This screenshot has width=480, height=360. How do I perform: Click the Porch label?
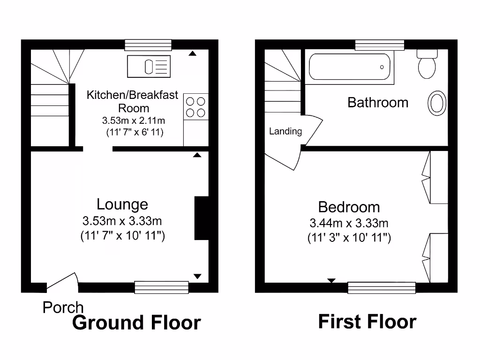63,307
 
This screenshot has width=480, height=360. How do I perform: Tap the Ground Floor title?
137,323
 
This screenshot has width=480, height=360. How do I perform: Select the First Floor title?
367,322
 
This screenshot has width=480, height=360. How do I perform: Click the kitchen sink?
149,66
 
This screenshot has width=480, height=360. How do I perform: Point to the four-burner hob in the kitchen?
195,106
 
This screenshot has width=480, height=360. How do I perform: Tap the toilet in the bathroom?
427,64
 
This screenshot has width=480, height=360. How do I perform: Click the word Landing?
285,132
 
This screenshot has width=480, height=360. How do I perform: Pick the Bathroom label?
378,102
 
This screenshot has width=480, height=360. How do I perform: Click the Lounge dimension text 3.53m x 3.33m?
122,220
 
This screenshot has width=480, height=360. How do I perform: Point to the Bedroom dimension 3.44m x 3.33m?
349,223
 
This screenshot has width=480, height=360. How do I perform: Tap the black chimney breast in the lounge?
201,218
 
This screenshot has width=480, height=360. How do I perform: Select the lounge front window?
161,287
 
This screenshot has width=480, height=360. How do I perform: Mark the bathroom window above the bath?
379,45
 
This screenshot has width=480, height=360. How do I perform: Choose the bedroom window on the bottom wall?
382,287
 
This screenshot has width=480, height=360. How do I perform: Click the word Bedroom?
349,207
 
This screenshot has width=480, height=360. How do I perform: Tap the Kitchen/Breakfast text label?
133,95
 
